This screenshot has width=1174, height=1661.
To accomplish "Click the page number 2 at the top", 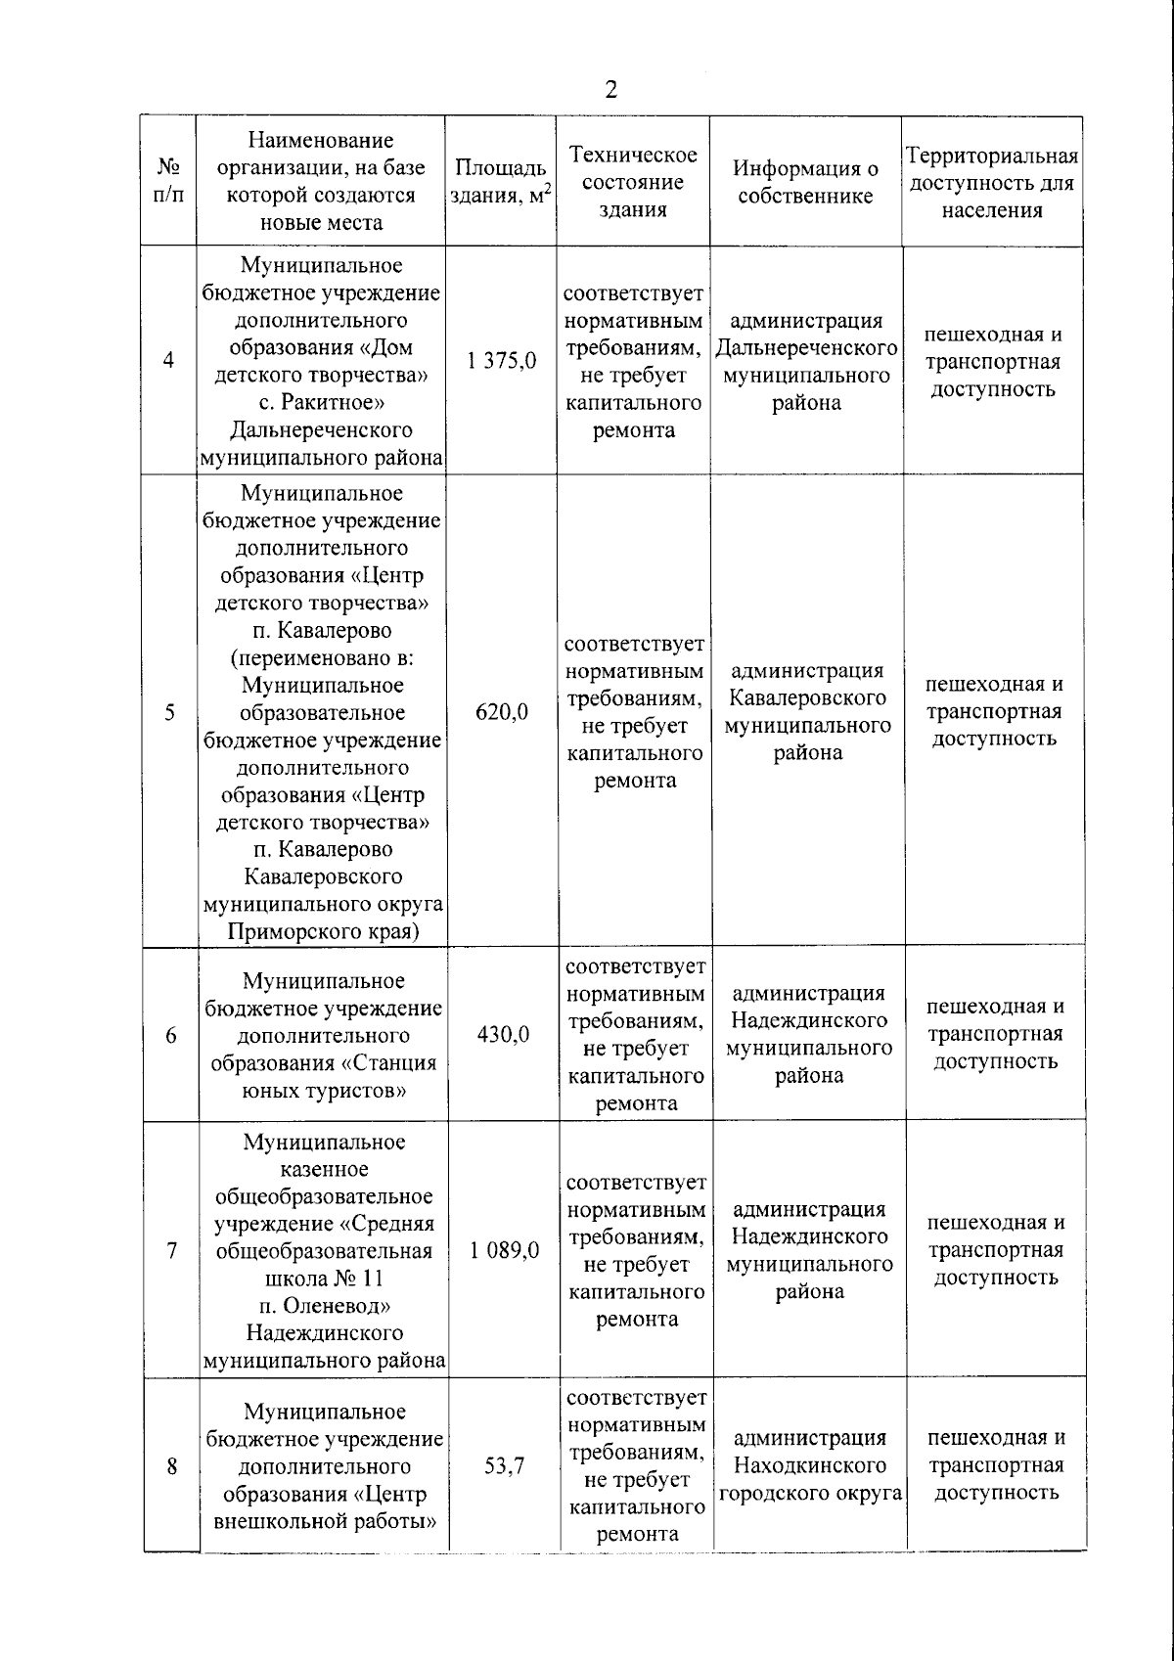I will [x=611, y=91].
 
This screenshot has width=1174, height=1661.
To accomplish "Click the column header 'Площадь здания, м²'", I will [x=501, y=182].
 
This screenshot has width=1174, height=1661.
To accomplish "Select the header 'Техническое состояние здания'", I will [x=634, y=182].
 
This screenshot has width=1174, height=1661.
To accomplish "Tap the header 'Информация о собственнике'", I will [x=805, y=182].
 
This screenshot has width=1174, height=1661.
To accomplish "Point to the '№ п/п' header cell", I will [x=168, y=182].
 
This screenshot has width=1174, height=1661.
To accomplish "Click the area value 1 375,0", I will [x=502, y=361].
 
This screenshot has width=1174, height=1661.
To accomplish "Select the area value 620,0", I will [x=502, y=712].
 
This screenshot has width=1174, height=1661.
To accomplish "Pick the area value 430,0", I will [x=503, y=1035].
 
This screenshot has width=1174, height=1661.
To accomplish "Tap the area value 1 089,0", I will [x=504, y=1251].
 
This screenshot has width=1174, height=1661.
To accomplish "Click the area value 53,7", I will [x=504, y=1466].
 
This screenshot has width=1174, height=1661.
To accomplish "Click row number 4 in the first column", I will [x=169, y=361].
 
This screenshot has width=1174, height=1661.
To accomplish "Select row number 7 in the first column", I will [x=172, y=1251].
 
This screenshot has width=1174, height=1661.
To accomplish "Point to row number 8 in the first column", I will [x=172, y=1466].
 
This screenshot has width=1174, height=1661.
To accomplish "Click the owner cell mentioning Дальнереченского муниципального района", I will [x=807, y=362].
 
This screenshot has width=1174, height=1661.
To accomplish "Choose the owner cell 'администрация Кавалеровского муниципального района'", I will [x=808, y=712].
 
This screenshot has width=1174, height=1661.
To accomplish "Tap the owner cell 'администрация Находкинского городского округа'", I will [x=810, y=1466].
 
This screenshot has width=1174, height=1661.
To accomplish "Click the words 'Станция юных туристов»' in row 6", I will [x=324, y=1077].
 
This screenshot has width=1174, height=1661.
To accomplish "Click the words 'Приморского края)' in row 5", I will [x=323, y=931].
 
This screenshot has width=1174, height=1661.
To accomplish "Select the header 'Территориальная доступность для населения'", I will [x=992, y=182].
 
